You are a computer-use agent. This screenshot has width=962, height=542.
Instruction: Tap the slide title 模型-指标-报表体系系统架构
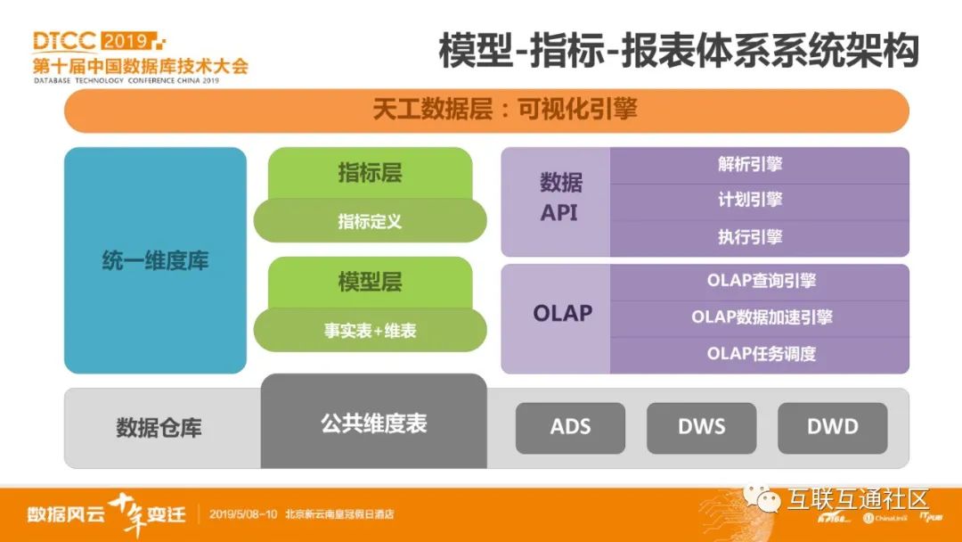678,51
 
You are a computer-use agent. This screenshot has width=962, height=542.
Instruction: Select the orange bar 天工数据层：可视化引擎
486,111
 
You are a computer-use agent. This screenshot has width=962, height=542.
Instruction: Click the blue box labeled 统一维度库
155,260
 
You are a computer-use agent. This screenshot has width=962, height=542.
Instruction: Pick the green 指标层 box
370,173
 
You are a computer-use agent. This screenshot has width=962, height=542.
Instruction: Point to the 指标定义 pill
370,221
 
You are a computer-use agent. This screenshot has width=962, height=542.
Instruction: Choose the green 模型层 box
370,283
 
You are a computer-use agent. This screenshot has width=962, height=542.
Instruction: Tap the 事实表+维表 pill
370,331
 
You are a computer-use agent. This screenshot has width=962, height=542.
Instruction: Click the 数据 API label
560,198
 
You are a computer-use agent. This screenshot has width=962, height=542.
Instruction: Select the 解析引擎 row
759,165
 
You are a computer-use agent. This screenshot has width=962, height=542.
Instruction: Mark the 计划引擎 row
759,201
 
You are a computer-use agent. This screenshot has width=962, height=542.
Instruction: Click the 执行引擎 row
759,238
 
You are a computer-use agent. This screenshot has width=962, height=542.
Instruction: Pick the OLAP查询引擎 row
759,281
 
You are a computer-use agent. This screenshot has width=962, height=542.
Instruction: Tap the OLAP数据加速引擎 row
759,317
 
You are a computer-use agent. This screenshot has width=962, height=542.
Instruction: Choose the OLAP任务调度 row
759,354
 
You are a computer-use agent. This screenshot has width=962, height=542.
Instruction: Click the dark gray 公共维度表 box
373,423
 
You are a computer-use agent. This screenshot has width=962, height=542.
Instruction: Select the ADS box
570,427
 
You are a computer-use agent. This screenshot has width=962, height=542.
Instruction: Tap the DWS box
701,427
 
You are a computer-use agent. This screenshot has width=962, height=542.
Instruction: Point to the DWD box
832,427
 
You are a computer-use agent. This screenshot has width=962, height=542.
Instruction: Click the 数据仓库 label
159,428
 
